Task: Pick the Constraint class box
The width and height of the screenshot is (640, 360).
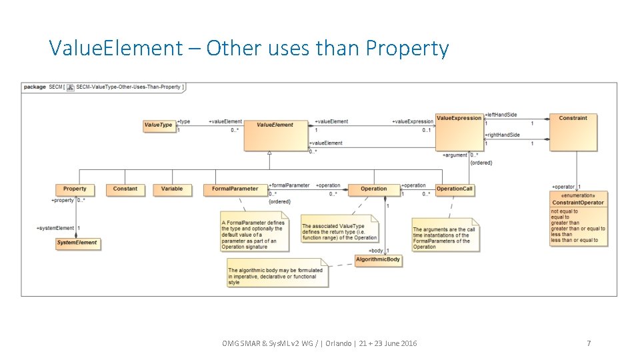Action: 573,131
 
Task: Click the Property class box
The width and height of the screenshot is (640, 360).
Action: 75,189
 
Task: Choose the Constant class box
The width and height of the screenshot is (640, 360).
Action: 125,189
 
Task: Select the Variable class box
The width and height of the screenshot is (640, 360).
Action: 172,189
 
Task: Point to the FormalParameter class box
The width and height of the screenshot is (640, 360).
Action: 235,189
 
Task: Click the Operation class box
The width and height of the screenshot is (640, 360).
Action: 374,189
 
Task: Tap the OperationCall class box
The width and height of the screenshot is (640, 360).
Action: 454,189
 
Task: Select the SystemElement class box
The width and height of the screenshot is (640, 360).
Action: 77,243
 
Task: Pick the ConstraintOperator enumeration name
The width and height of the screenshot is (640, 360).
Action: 578,203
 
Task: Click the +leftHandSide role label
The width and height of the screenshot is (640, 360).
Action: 501,115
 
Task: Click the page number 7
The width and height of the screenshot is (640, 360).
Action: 589,343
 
